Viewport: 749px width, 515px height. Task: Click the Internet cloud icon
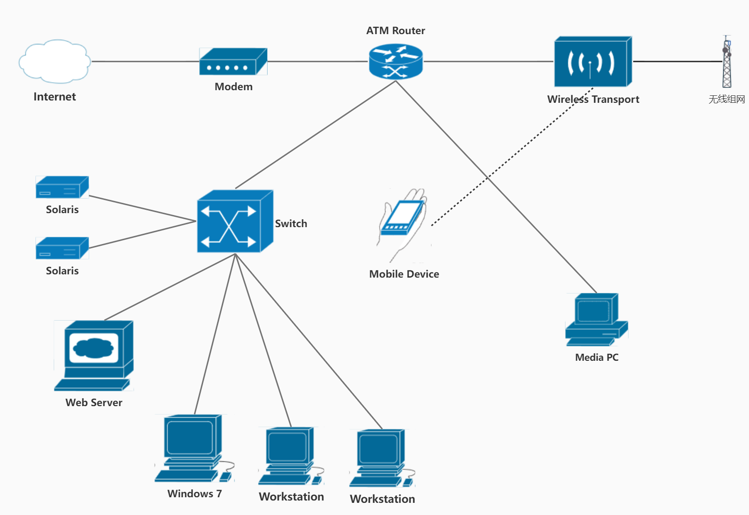[55, 61]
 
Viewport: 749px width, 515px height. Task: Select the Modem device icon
[233, 62]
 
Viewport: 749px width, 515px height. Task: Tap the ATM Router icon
[396, 61]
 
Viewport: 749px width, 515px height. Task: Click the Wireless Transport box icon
[593, 62]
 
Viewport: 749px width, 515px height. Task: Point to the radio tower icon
[727, 62]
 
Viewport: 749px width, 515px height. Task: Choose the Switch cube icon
[234, 222]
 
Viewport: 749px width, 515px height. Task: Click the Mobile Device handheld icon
[403, 222]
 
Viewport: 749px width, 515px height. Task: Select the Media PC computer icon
[596, 319]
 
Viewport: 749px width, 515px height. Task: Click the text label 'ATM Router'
[396, 31]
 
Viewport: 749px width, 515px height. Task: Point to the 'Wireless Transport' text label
[593, 100]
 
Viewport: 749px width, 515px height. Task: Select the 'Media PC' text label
[597, 358]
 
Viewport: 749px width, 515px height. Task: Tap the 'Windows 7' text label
[194, 494]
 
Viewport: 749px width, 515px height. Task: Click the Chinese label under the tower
[727, 99]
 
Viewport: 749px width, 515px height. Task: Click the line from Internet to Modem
[145, 61]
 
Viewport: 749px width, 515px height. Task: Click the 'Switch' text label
[291, 224]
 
